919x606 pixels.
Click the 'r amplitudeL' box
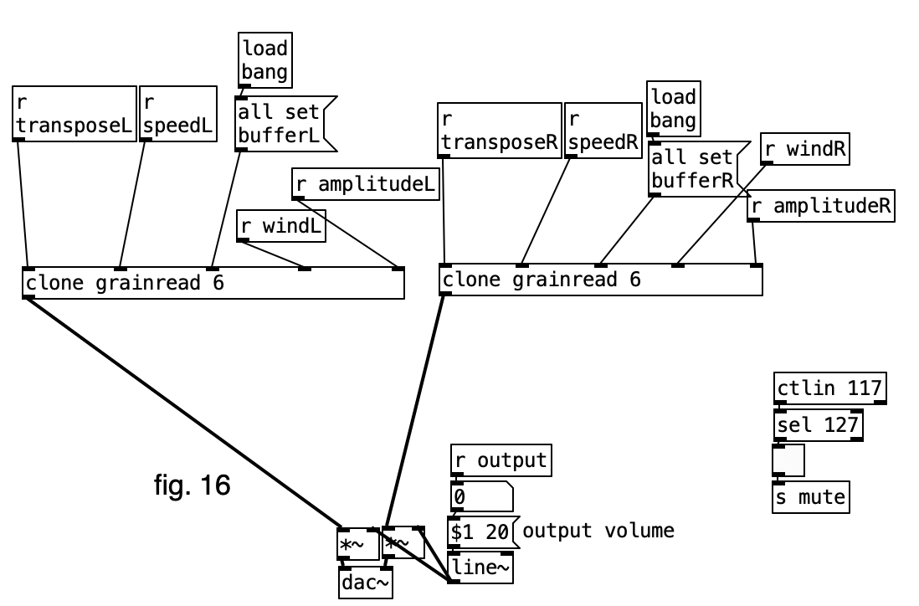[x=366, y=183]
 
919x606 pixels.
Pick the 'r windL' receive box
[x=281, y=225]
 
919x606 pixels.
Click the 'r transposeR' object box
[x=499, y=130]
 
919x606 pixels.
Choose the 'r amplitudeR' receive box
[x=821, y=206]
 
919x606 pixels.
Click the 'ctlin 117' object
[x=829, y=388]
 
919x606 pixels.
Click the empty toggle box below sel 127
[x=788, y=460]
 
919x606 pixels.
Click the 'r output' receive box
[x=501, y=460]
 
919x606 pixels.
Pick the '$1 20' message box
[x=480, y=532]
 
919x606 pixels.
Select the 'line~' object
[x=481, y=568]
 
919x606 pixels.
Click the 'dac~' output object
[x=366, y=583]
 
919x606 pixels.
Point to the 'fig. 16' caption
[x=192, y=485]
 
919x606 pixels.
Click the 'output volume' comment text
[x=598, y=531]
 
